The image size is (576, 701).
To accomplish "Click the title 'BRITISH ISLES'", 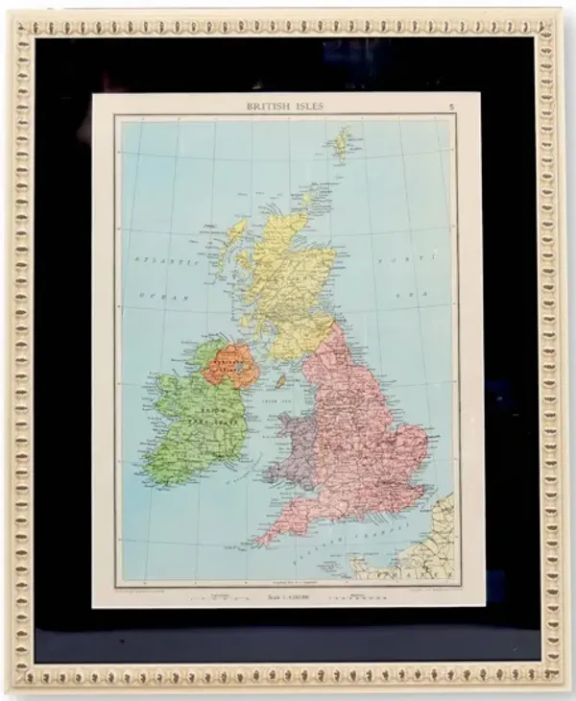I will tap(285, 107).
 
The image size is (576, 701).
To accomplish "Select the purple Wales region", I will tap(294, 447).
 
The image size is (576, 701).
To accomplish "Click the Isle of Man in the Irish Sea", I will tap(281, 381).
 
